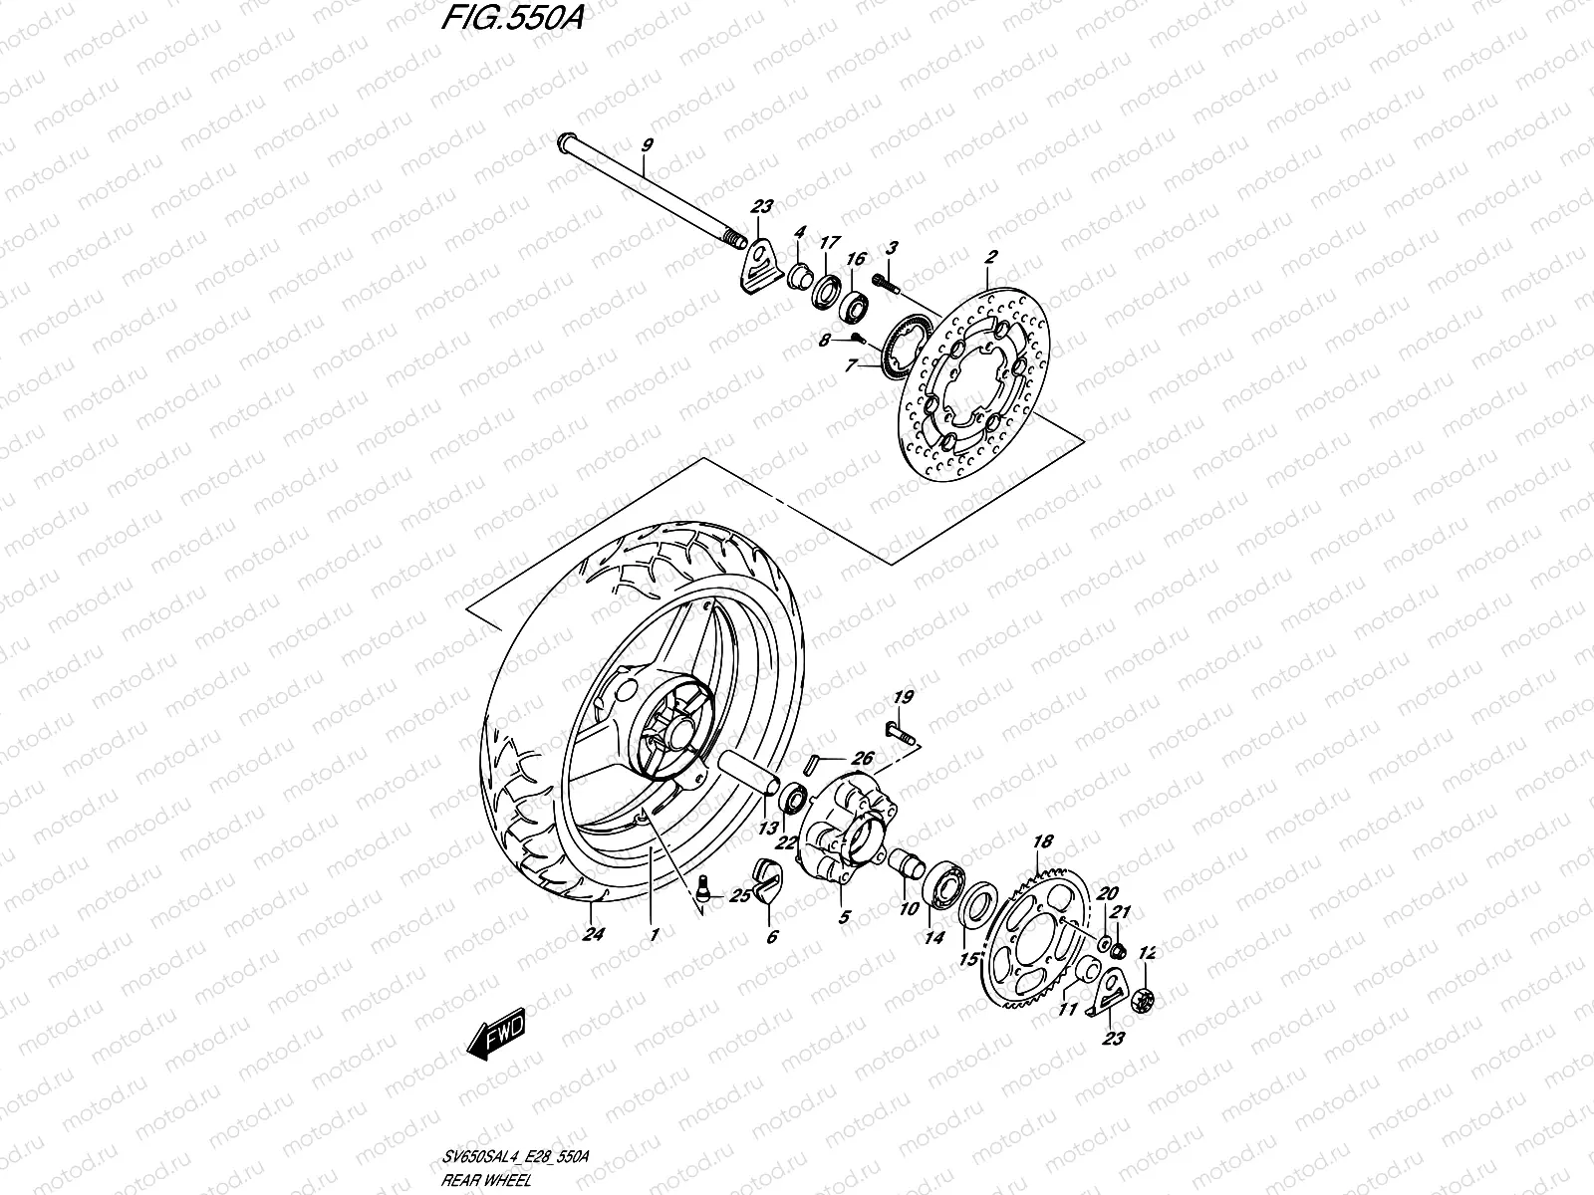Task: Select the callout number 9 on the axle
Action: tap(647, 146)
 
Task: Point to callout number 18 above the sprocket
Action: tap(1042, 842)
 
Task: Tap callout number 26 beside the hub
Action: tap(862, 760)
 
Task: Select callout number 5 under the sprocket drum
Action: tap(844, 917)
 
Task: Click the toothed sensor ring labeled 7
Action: tap(903, 344)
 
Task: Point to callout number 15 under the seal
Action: tap(966, 961)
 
